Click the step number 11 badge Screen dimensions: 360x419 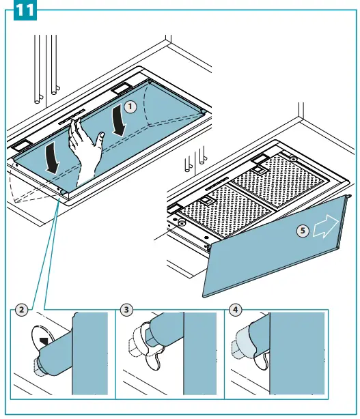click(25, 10)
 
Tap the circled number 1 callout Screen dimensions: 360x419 click(130, 107)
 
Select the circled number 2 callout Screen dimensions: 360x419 click(21, 310)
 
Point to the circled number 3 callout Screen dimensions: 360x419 click(126, 310)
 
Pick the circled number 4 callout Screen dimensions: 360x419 click(236, 310)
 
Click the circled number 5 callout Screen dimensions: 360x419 click(303, 231)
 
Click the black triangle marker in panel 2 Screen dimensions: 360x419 click(44, 341)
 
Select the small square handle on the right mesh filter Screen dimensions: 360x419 click(258, 169)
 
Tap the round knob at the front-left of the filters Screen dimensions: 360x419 click(182, 222)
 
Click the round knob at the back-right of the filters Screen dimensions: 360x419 click(294, 159)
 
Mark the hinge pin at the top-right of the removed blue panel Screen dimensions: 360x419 click(348, 197)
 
